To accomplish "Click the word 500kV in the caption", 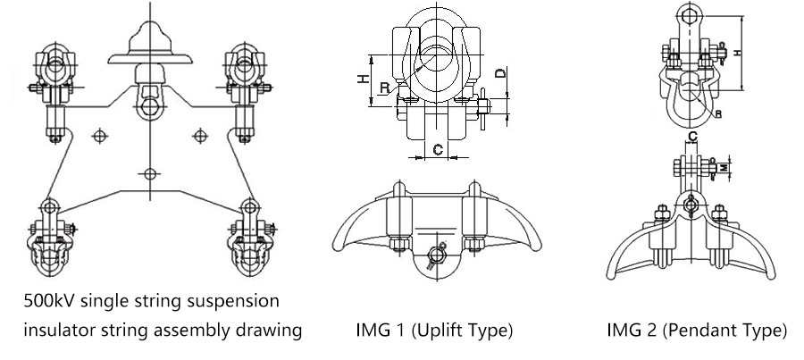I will tap(44, 297).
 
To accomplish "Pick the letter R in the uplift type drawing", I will tap(382, 88).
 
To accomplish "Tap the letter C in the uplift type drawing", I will tap(439, 150).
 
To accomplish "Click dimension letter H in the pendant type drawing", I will tap(738, 53).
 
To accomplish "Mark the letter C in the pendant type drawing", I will tap(693, 136).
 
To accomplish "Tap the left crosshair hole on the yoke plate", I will tap(99, 135).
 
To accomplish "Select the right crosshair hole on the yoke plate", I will tap(201, 135).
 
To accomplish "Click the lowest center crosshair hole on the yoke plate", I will tap(150, 172).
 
